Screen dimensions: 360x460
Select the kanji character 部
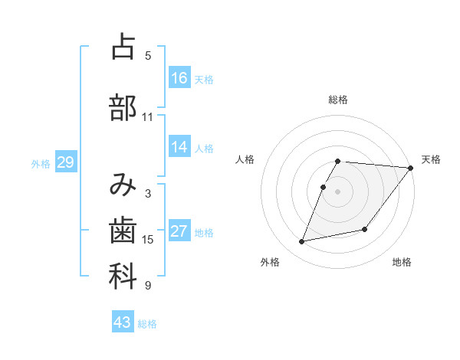point(123,108)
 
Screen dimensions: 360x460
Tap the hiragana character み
point(123,184)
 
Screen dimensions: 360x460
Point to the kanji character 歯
point(123,231)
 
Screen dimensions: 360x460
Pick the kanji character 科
point(123,277)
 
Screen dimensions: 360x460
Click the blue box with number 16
point(179,78)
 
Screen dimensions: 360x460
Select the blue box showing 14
point(179,147)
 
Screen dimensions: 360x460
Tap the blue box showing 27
point(179,231)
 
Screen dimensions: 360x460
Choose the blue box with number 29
point(65,162)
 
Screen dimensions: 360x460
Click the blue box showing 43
point(123,322)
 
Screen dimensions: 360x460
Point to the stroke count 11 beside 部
point(147,117)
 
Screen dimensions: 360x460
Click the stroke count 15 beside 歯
point(147,240)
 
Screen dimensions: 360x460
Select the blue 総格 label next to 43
point(147,324)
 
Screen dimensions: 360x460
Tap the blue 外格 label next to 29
point(41,163)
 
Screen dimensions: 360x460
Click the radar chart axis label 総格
point(338,100)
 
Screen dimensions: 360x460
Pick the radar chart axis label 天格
point(431,159)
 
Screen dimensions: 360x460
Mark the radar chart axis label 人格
point(245,159)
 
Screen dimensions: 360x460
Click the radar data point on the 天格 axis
point(411,168)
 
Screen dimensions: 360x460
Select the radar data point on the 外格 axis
point(302,242)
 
